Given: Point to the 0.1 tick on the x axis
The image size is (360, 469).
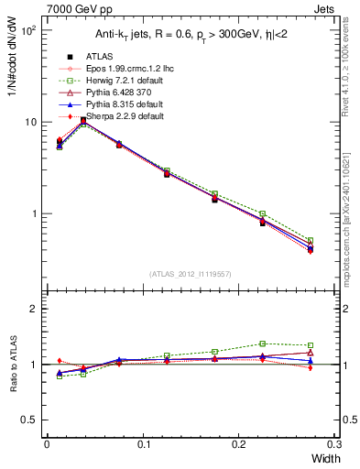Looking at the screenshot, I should tap(143, 445).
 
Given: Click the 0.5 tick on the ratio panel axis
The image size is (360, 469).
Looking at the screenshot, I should tap(31, 420).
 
